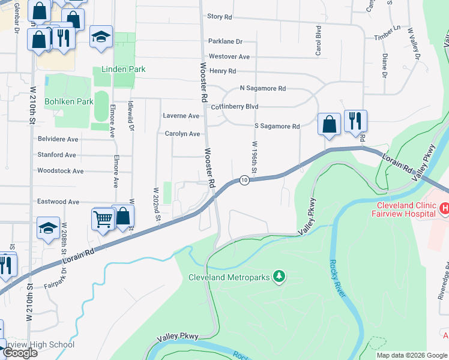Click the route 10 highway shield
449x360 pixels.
pyautogui.click(x=244, y=180)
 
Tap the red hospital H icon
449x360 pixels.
pyautogui.click(x=444, y=208)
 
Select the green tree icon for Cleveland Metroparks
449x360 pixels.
pyautogui.click(x=279, y=277)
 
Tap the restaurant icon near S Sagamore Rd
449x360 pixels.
pyautogui.click(x=355, y=122)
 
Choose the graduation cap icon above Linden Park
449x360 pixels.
pyautogui.click(x=101, y=37)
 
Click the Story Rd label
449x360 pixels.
pyautogui.click(x=219, y=17)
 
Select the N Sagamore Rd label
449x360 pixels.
pyautogui.click(x=262, y=88)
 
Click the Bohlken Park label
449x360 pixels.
pyautogui.click(x=69, y=101)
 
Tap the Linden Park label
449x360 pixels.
pyautogui.click(x=123, y=70)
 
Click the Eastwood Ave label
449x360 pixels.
pyautogui.click(x=58, y=202)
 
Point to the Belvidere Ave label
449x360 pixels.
pyautogui.click(x=58, y=139)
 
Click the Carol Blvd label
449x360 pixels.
pyautogui.click(x=319, y=41)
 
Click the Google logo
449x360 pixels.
pyautogui.click(x=20, y=353)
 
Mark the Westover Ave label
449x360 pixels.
pyautogui.click(x=229, y=56)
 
